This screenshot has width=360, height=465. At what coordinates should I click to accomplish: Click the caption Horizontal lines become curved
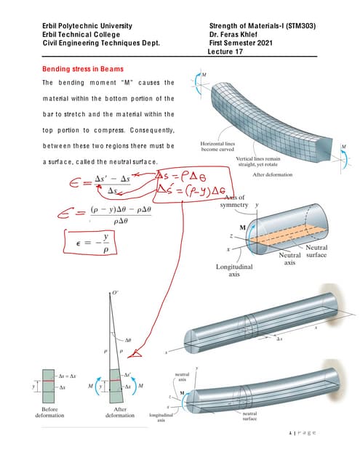click(216, 147)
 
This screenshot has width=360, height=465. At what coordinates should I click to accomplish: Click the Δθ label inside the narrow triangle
click(128, 339)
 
